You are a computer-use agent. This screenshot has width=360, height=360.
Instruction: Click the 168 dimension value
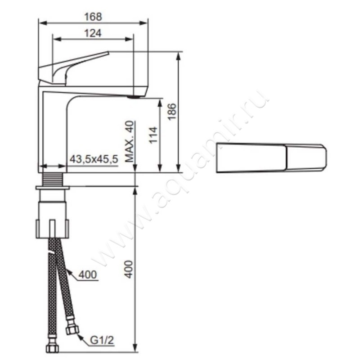tap(93, 17)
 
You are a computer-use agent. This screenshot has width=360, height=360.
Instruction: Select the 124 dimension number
tap(93, 33)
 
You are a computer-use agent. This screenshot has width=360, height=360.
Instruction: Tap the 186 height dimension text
tap(172, 112)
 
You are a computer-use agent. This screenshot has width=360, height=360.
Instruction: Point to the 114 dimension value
tap(153, 135)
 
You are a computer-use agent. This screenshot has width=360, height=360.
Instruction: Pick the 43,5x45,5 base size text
tap(94, 159)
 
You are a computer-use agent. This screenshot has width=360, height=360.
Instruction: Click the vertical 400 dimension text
tap(130, 269)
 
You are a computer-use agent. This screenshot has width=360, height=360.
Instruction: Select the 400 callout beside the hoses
tap(87, 274)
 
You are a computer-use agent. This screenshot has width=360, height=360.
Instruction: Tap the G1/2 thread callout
tap(102, 341)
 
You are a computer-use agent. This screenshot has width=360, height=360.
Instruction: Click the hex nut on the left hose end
tap(52, 348)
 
